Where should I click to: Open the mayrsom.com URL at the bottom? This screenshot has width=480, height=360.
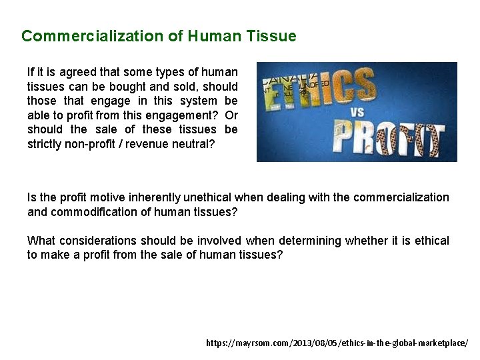(x=337, y=343)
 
